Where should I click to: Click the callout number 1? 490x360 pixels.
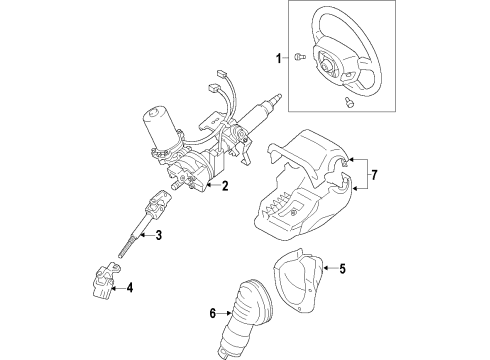click(x=276, y=59)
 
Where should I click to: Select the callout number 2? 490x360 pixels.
click(x=226, y=185)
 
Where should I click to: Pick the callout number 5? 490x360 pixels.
click(x=341, y=268)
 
